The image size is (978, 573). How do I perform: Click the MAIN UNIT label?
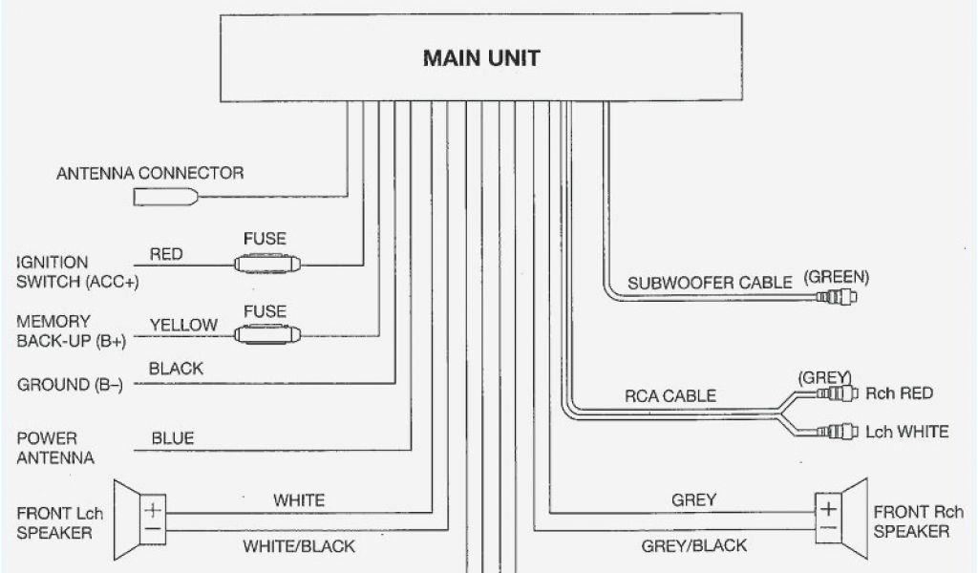481,58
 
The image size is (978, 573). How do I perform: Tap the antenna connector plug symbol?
166,198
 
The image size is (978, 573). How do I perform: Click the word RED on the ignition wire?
166,255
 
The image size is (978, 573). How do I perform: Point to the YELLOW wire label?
182,325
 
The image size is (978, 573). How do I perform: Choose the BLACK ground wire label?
177,369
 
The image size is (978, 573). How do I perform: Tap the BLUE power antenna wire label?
173,438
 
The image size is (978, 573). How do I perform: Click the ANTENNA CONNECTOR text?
150,174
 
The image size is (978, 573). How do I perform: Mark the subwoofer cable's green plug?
837,297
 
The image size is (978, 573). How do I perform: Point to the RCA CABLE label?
670,396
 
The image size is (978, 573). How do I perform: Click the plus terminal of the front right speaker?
828,507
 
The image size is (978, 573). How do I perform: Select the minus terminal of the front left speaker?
153,527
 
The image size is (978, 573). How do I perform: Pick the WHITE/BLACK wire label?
299,546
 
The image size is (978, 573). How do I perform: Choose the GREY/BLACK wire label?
695,546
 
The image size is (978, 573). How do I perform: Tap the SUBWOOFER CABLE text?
710,283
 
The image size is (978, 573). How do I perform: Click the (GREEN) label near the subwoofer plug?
837,277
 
